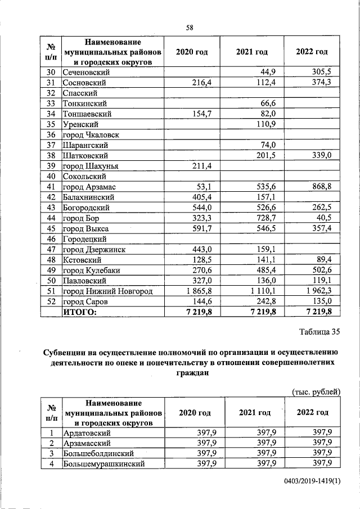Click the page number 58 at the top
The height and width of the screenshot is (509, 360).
(190, 28)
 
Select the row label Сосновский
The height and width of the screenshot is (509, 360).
(85, 83)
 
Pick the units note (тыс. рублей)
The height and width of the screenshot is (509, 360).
(316, 391)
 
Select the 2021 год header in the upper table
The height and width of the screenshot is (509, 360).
(251, 52)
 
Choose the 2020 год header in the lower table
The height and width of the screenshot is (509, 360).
(195, 413)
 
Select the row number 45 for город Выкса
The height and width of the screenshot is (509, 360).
(51, 229)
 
